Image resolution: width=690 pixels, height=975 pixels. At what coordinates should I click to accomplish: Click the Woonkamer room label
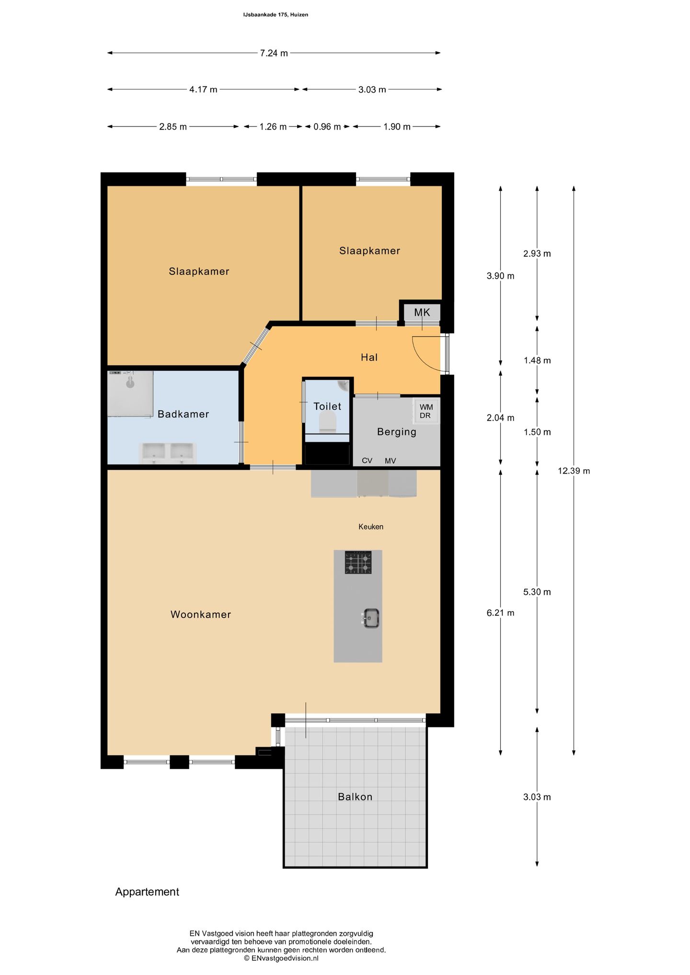pos(201,614)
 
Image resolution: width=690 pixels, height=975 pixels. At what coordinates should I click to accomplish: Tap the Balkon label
pos(355,797)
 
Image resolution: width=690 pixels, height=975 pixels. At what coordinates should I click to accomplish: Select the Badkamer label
pos(184,414)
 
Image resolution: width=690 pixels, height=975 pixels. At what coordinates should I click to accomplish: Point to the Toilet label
pos(327,407)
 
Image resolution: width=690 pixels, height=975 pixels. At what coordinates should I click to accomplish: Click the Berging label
pos(397,432)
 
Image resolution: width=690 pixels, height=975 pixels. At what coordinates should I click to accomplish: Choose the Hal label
pos(369,357)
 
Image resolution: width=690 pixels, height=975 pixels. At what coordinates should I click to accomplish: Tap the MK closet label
pos(422,313)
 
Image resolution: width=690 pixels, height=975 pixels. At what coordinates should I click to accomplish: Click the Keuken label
pos(371,527)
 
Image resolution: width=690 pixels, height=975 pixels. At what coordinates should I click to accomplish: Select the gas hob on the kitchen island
pos(358,562)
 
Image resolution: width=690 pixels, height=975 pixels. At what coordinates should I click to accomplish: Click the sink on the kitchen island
pos(370,618)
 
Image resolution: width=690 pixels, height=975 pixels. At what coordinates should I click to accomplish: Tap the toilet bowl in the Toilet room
pos(328,423)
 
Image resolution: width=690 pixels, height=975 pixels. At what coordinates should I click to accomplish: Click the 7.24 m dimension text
pos(274,53)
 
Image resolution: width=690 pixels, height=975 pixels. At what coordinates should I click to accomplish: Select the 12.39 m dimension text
pos(574,471)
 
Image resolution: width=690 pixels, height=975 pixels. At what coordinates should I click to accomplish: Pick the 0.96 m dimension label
pos(327,127)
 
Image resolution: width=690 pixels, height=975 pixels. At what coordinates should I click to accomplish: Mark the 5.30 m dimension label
pos(537,592)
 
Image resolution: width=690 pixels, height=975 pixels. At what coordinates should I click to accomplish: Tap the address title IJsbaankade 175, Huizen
pos(276,15)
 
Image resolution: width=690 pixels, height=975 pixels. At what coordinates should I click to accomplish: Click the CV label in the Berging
pos(367,461)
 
